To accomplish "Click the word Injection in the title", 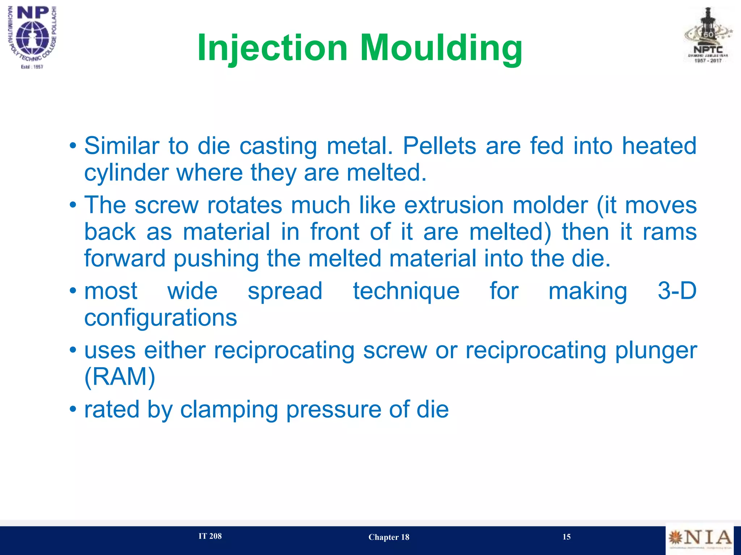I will pos(272,48).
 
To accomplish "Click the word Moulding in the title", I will pos(441,48).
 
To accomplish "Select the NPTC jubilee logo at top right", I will pos(708,36).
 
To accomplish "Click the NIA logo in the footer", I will pos(699,538).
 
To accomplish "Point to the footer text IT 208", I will pos(210,536).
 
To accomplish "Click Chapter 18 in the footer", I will pos(389,537).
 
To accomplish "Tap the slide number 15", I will pos(566,537).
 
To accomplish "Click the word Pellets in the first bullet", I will pos(439,146).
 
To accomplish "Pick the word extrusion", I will pos(454,205).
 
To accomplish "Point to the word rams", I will pos(669,232).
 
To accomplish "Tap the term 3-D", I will pos(677,291).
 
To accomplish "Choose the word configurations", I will pos(161,318).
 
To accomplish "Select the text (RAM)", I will pos(120,377).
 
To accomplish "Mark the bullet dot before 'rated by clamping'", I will pos(73,410).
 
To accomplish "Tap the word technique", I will pos(406,291).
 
